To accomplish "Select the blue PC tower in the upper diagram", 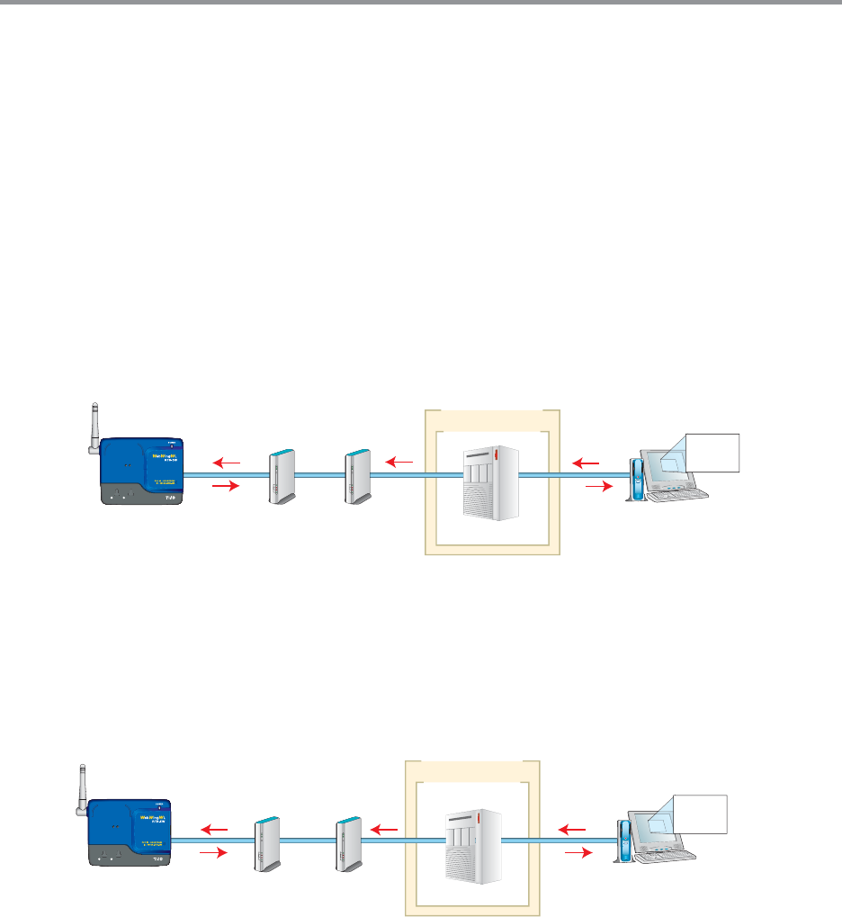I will pyautogui.click(x=637, y=479).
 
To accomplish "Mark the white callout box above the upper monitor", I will pyautogui.click(x=712, y=452).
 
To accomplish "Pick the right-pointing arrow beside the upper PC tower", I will pyautogui.click(x=596, y=486).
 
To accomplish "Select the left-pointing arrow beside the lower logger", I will pyautogui.click(x=214, y=829).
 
